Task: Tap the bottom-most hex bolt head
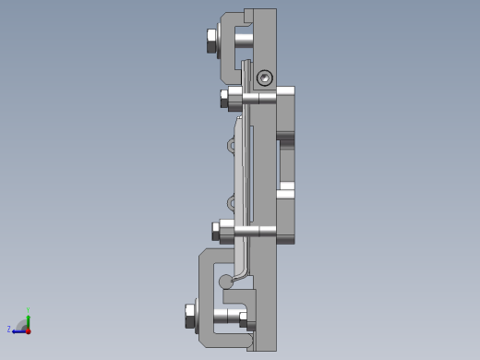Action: click(191, 316)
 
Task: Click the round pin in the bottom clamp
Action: click(225, 282)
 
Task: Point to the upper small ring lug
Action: click(231, 146)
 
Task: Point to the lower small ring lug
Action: click(231, 202)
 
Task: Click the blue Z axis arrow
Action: click(18, 330)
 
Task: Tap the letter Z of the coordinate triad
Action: click(9, 330)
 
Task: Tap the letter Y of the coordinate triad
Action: click(29, 311)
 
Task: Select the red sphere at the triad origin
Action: click(29, 330)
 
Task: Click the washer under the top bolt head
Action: click(220, 40)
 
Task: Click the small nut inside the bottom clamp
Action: click(245, 320)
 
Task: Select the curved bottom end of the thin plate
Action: click(238, 273)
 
